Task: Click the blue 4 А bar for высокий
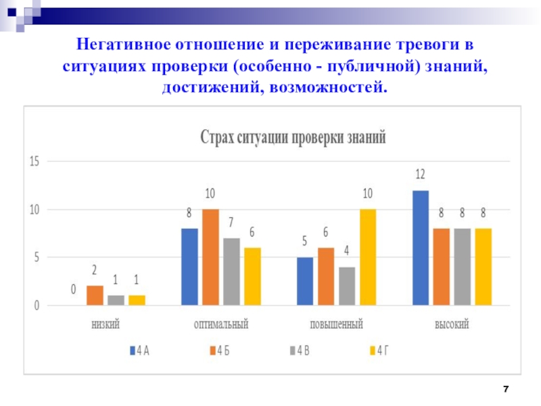point(421,248)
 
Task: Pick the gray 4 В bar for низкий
point(116,300)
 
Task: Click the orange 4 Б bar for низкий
point(95,296)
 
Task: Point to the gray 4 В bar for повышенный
point(347,286)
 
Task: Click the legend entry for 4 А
point(139,350)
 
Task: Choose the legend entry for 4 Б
point(219,350)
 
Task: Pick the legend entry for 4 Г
point(379,350)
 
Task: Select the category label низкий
point(105,325)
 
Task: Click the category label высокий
point(452,325)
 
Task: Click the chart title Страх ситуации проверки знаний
point(293,137)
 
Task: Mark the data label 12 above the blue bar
point(420,175)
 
